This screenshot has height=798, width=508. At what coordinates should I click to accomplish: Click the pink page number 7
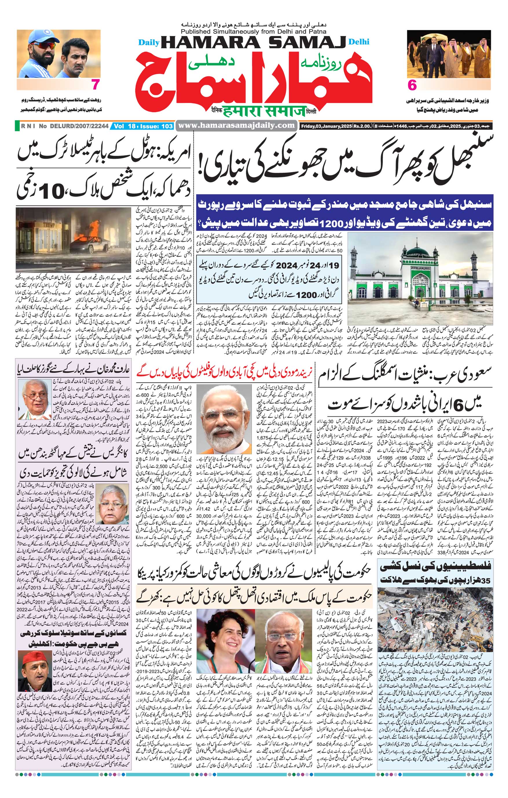coord(96,85)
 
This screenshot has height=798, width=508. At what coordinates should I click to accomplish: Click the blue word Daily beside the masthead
coord(149,43)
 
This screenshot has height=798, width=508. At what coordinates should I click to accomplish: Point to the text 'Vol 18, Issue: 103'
coord(143,126)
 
